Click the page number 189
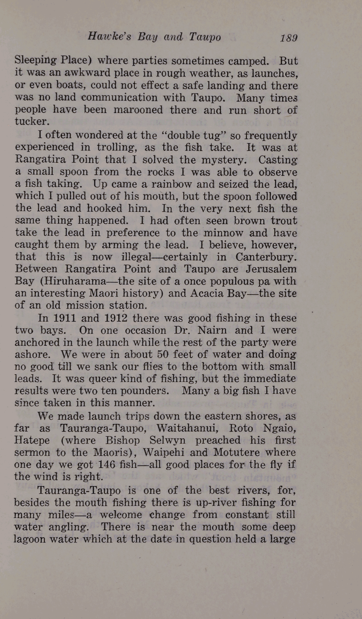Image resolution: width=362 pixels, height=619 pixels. point(289,38)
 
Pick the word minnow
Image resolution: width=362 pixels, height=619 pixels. point(223,233)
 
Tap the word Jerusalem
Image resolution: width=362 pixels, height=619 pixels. point(271,269)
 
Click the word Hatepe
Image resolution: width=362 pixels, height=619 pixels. point(32,440)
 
